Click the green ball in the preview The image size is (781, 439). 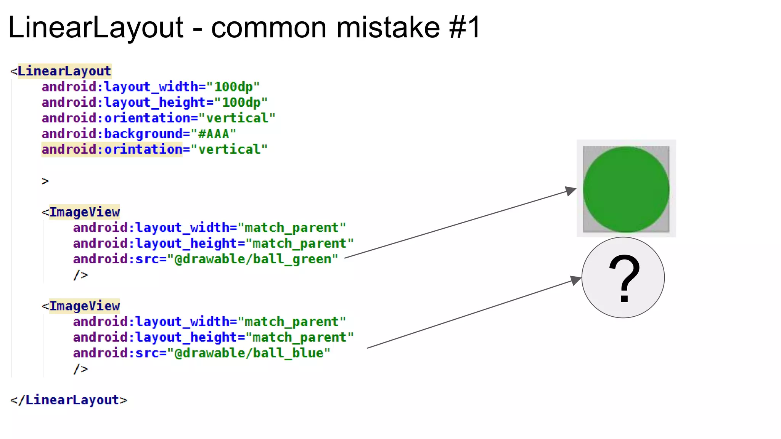point(626,189)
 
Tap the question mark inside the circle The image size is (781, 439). point(624,279)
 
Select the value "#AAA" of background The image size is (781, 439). point(214,134)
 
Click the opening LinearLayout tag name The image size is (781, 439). point(64,71)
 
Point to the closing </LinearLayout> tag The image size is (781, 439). point(69,400)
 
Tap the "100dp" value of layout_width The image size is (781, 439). point(233,87)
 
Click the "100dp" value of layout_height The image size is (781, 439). point(241,103)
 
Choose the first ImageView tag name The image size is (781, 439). point(84,212)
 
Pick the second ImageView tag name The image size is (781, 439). point(84,306)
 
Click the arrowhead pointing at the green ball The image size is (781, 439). point(571,190)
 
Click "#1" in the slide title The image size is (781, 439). point(465,27)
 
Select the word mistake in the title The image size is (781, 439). point(388,27)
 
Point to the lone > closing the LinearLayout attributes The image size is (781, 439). point(45,181)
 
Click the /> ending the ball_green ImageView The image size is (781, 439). point(80,275)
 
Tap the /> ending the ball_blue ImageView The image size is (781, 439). point(80,369)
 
